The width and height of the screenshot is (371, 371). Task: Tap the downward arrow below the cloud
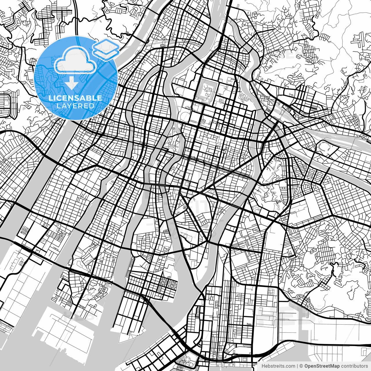tap(71, 84)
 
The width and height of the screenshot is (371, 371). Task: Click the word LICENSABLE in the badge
tap(75, 98)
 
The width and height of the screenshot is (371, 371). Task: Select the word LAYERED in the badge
tap(75, 106)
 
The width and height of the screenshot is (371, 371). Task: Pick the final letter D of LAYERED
tap(92, 106)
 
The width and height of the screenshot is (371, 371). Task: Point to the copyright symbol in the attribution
tap(301, 366)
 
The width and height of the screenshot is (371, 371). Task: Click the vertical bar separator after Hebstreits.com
tap(298, 366)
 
